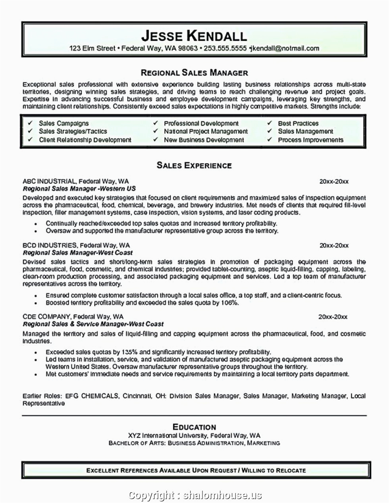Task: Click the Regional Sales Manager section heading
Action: [x=194, y=73]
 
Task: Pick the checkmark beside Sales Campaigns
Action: [x=30, y=123]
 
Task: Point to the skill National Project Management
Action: [x=206, y=131]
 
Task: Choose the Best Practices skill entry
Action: [x=298, y=123]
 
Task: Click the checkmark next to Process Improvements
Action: [x=270, y=140]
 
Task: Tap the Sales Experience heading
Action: [x=194, y=165]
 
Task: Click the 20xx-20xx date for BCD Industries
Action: [x=334, y=246]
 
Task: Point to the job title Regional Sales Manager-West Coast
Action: [x=78, y=253]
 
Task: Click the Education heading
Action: [x=194, y=427]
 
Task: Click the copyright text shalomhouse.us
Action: [x=222, y=495]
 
